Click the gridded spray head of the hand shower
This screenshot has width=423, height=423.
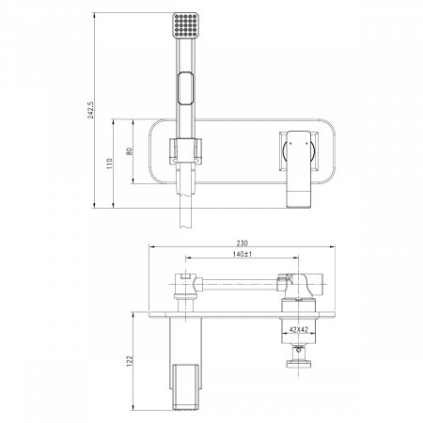pos(184,29)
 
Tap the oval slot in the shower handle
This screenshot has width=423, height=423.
pos(184,95)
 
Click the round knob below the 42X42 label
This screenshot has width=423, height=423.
pos(301,361)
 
